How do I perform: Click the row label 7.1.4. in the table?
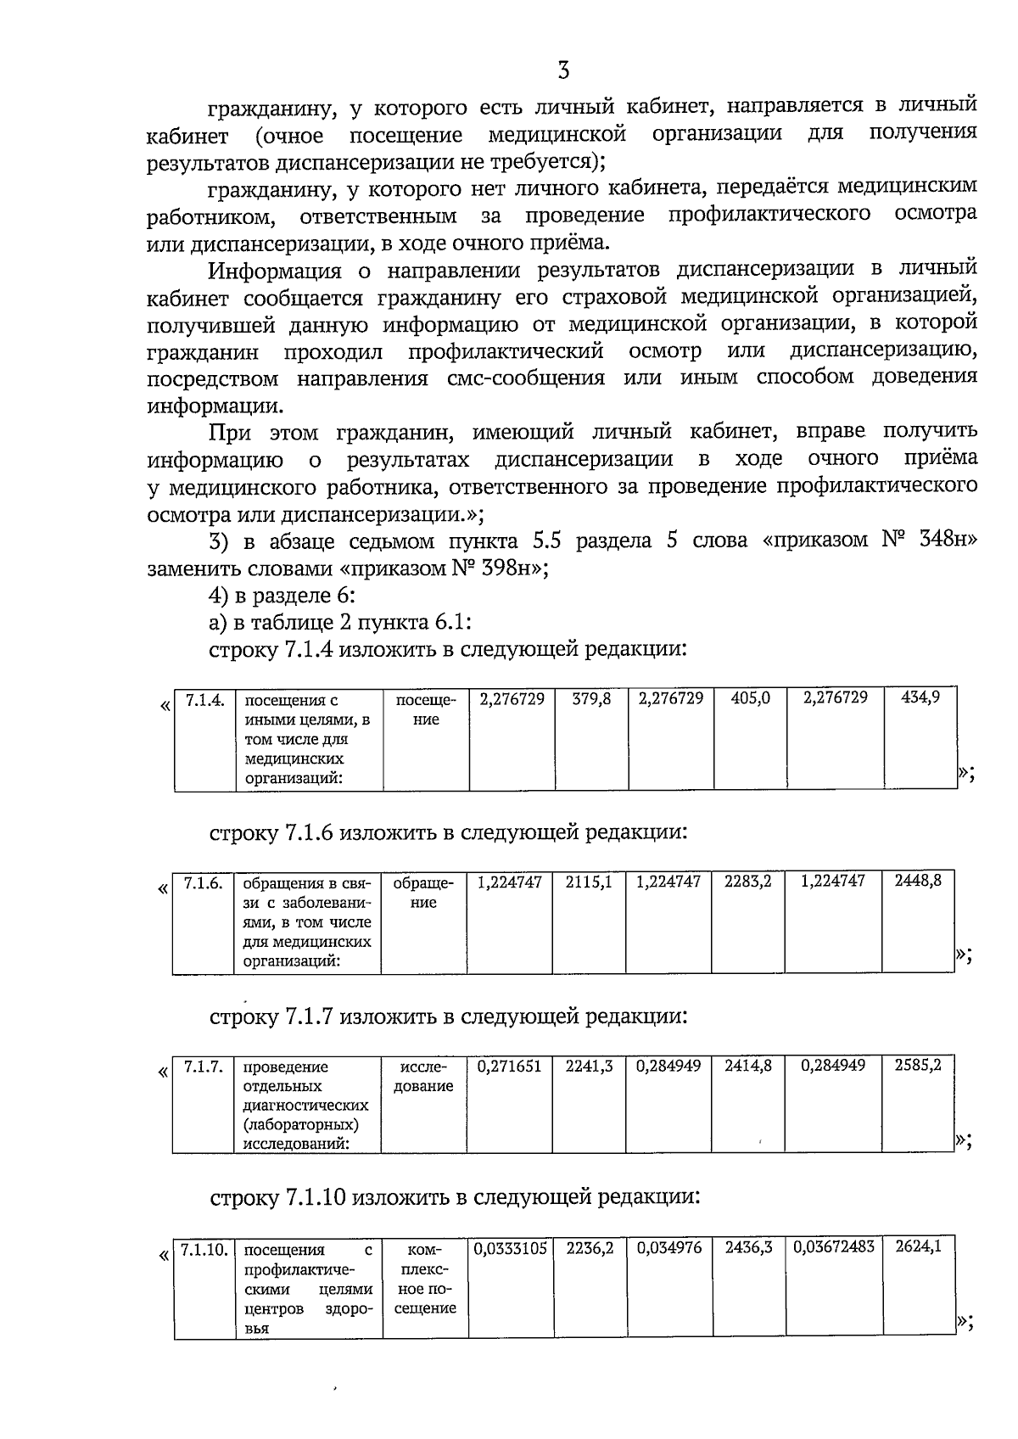204,700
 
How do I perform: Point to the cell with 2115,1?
589,882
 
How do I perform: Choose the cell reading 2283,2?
747,882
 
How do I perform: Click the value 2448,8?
918,882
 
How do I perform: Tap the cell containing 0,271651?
509,1067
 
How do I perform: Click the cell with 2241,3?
589,1067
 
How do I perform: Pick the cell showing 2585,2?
918,1066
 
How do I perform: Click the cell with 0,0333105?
510,1249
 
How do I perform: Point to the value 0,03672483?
834,1248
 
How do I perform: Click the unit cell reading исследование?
423,1077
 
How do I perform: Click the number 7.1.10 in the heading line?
314,1198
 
